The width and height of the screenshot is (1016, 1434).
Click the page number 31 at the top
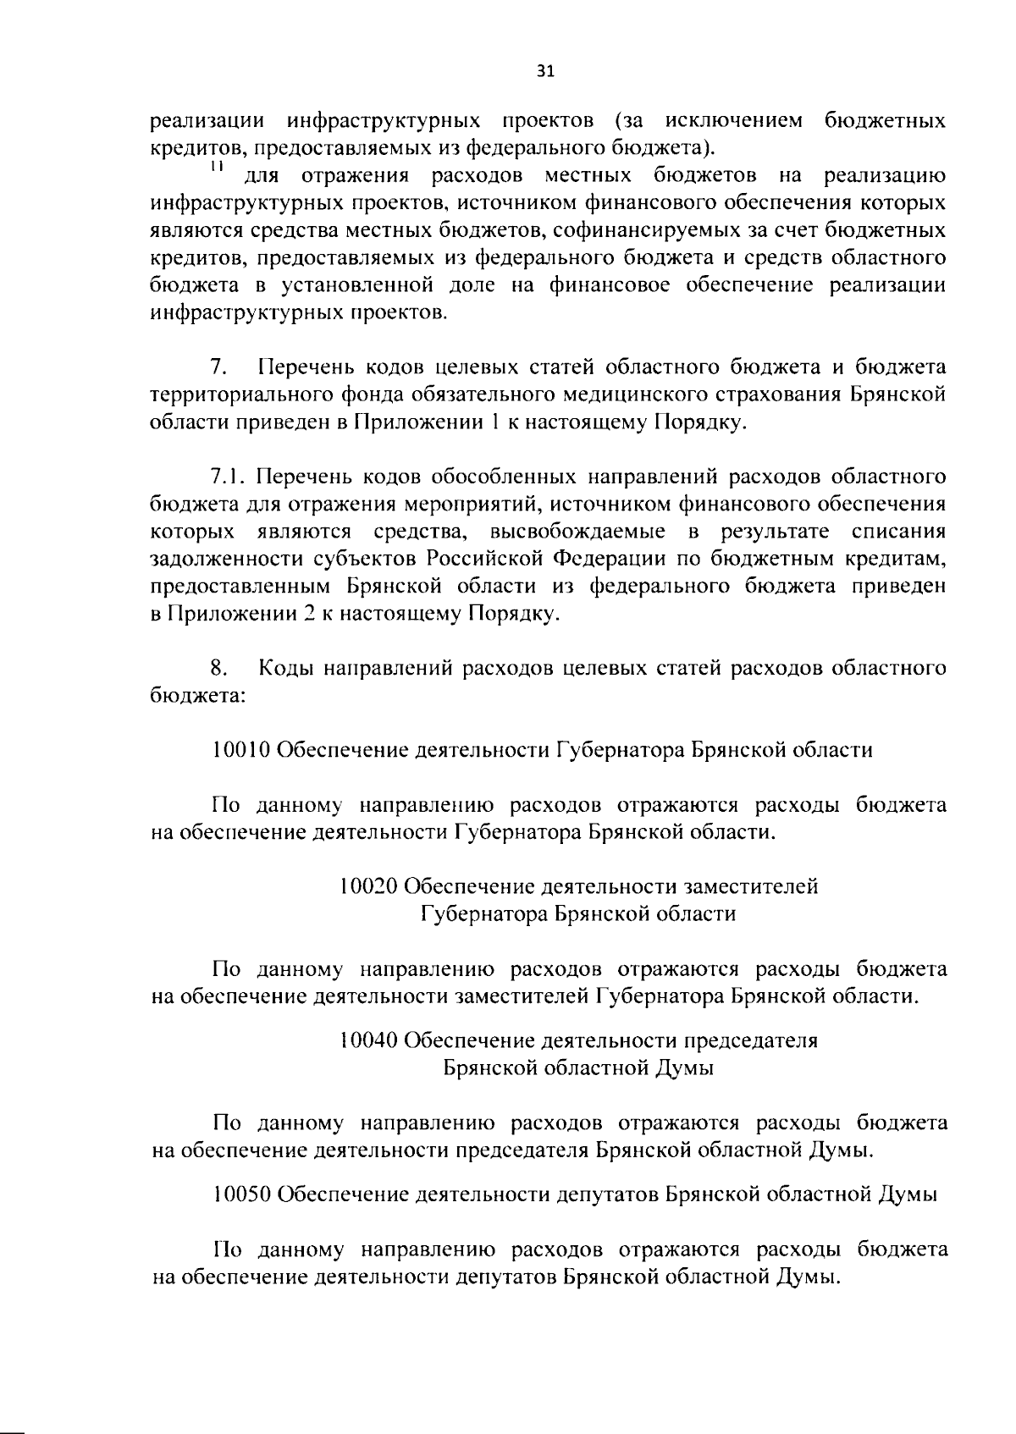(545, 71)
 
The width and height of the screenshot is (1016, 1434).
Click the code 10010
(241, 750)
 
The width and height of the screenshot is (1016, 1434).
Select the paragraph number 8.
(218, 669)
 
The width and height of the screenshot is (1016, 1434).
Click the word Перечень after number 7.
(306, 367)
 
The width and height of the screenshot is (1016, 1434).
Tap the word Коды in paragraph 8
(288, 669)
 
